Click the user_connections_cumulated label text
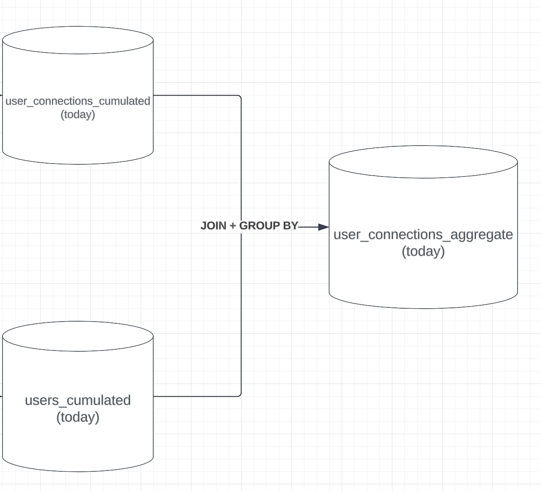[77, 101]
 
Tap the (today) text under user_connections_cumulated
[77, 115]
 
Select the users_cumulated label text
[77, 400]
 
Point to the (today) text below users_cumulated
[77, 417]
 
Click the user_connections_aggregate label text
[423, 235]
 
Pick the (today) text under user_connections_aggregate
[423, 251]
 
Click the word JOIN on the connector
[213, 226]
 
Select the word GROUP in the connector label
[259, 226]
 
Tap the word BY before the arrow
[290, 226]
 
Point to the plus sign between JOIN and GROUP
[233, 226]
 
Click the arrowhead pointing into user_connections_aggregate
[324, 227]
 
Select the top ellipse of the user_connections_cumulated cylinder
[78, 41]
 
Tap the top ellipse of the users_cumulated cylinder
[78, 336]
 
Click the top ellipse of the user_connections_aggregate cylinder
[423, 162]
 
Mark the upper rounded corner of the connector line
[240, 97]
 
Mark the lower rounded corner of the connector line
[240, 395]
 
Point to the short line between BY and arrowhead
[308, 227]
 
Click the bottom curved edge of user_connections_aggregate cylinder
[423, 308]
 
